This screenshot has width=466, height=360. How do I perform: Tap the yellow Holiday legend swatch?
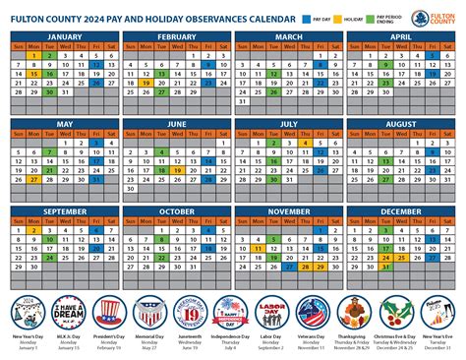click(340, 18)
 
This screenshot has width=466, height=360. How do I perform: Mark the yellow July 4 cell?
click(306, 143)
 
